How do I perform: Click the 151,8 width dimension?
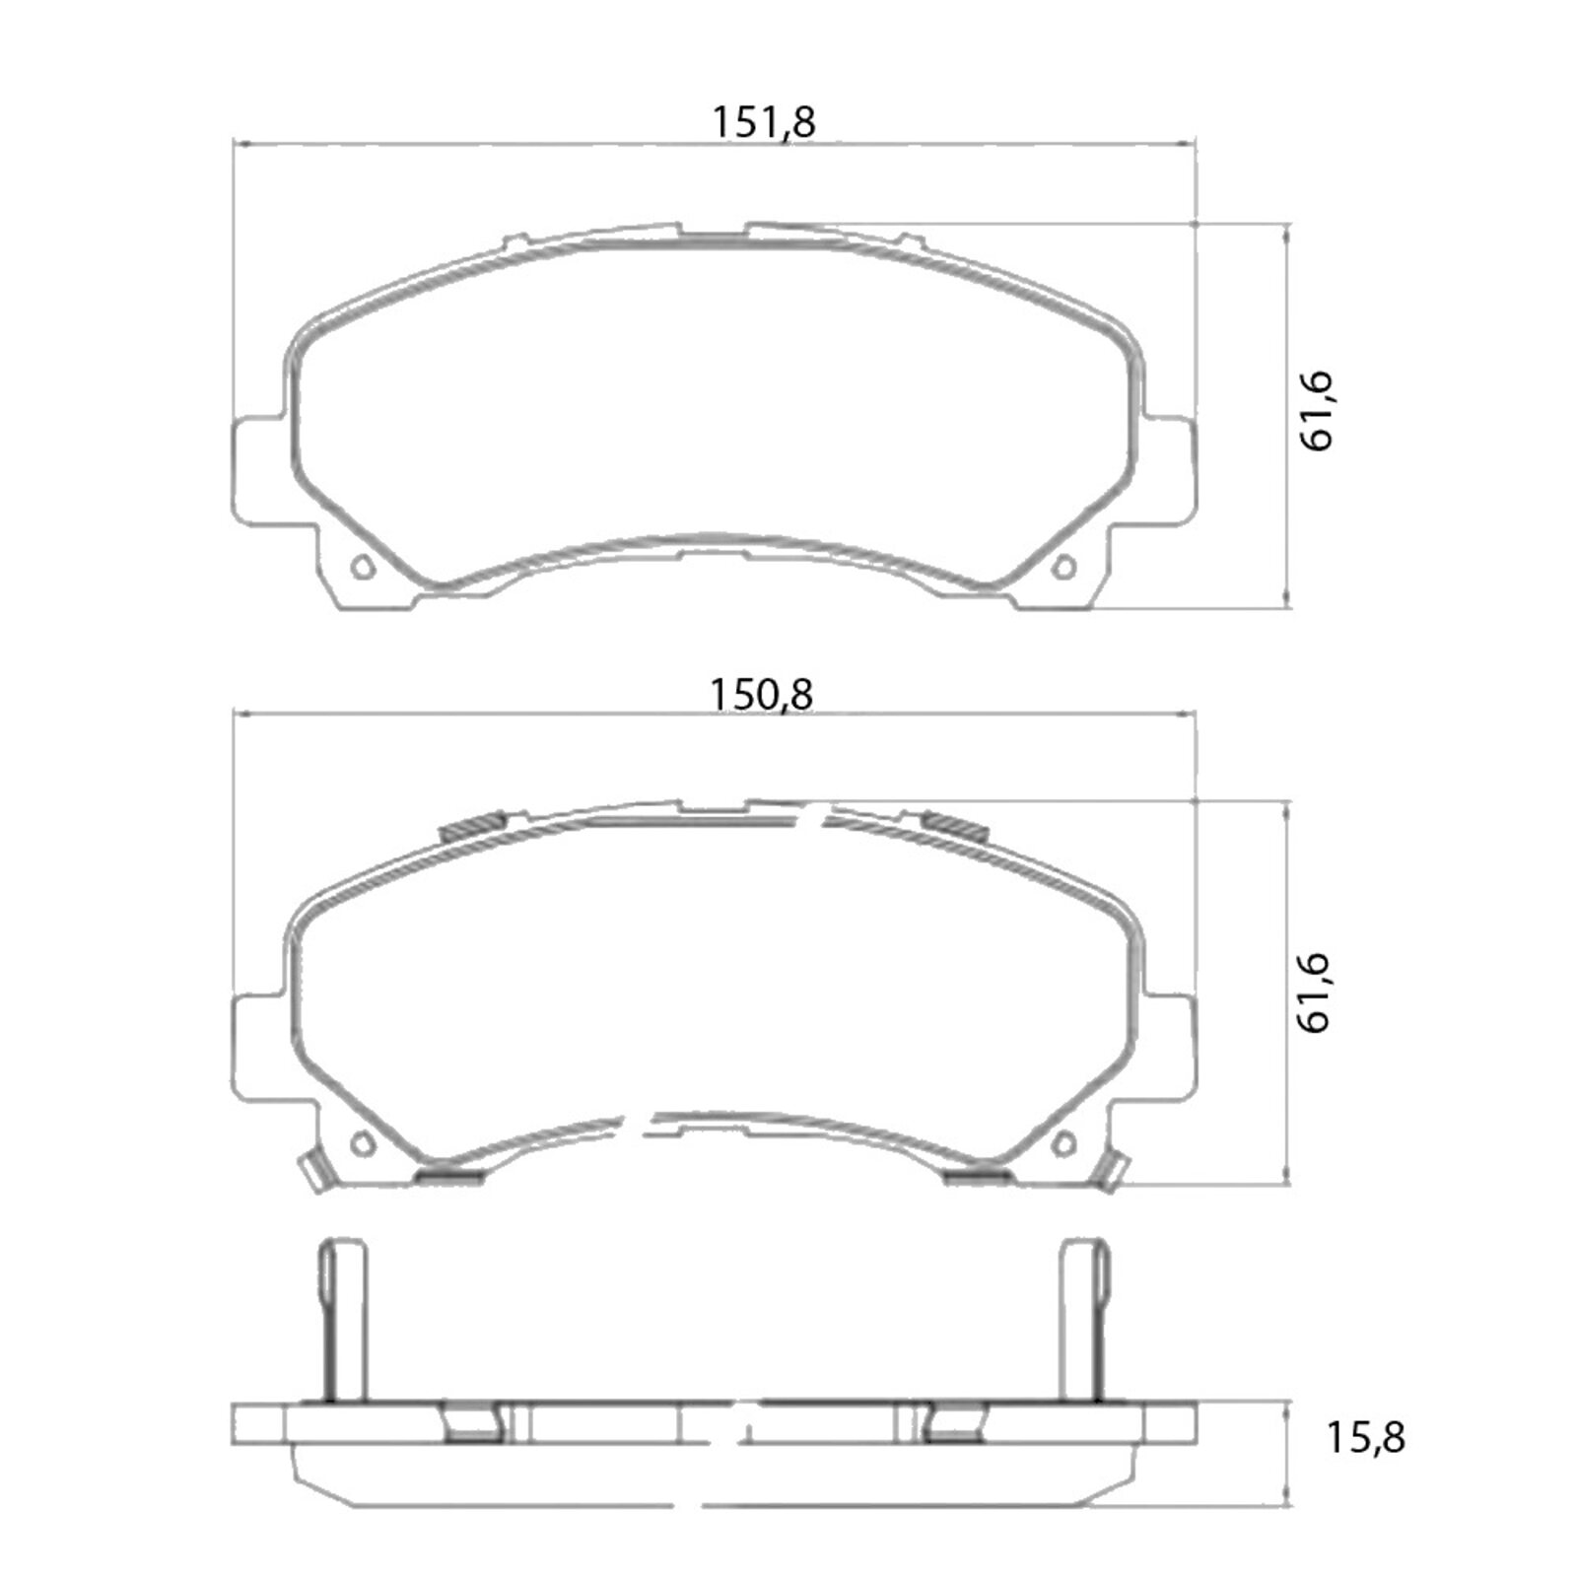[x=763, y=123]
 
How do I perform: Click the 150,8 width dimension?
[x=761, y=695]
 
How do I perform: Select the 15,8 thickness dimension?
[x=1365, y=1438]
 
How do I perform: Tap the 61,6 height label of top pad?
[x=1317, y=412]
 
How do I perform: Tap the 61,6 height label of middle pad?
[x=1315, y=993]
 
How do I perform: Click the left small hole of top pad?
[x=362, y=568]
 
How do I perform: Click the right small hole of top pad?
[x=1064, y=568]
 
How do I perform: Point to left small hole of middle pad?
[x=362, y=1143]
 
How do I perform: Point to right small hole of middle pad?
[x=1064, y=1143]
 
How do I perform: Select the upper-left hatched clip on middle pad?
[x=472, y=826]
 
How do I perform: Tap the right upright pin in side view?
[x=1084, y=1321]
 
